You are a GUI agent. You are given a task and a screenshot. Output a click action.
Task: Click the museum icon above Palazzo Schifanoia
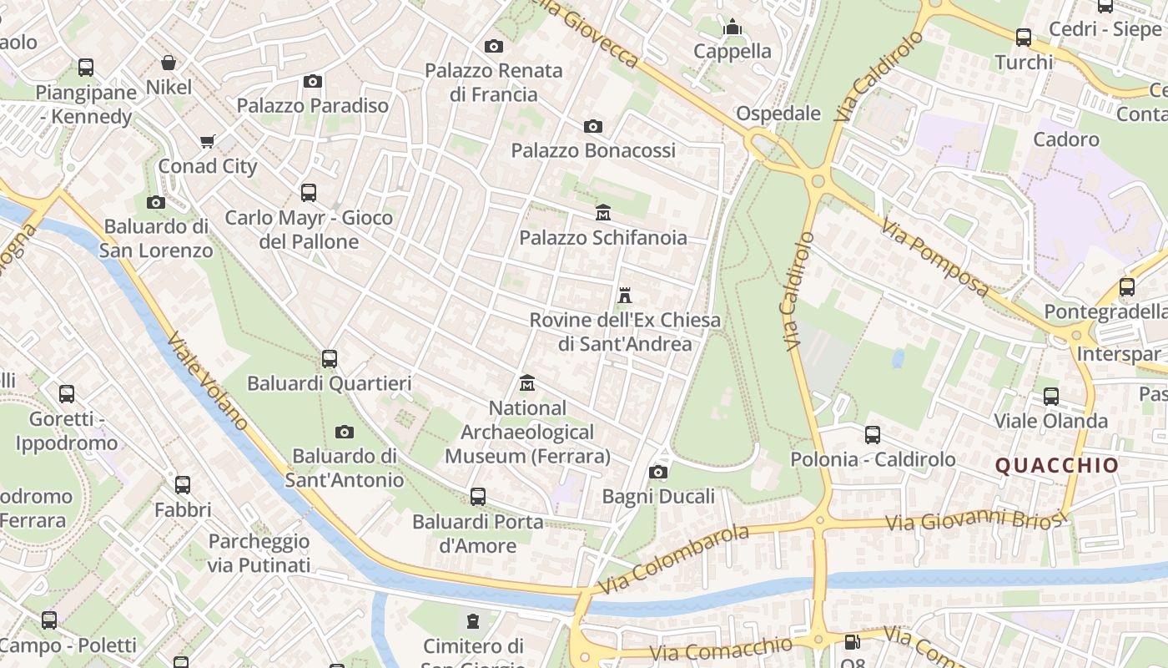pos(602,213)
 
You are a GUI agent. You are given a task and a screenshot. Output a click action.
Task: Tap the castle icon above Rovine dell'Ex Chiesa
pos(624,296)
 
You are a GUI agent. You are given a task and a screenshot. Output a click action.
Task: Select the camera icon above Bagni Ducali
pos(658,473)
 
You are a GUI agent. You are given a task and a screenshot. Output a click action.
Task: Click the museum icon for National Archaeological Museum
pos(526,383)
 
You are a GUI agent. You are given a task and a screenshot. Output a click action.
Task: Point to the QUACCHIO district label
pos(1057,466)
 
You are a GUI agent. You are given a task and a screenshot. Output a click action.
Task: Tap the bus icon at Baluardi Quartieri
pos(330,359)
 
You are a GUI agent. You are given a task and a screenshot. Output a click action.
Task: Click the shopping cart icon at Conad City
pos(208,141)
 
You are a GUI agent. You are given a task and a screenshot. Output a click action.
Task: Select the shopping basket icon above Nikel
pos(169,63)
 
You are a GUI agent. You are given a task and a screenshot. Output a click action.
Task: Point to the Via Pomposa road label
pos(935,259)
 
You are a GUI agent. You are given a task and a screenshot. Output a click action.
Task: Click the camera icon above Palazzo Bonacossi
pos(593,126)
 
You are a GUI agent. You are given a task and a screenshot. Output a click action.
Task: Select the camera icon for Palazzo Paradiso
pos(313,81)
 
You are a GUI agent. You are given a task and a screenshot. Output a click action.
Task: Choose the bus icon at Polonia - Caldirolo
pos(873,434)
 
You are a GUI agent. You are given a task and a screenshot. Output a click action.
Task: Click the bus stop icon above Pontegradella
pos(1127,287)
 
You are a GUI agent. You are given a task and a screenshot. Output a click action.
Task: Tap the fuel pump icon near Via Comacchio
pos(852,642)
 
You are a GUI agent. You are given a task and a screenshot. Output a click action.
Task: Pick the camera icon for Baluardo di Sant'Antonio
pos(345,432)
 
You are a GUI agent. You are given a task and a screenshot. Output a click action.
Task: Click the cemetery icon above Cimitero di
pos(473,621)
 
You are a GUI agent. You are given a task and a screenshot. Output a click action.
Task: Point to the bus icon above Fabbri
pos(183,484)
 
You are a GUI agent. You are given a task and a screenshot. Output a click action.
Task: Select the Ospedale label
pos(778,114)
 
